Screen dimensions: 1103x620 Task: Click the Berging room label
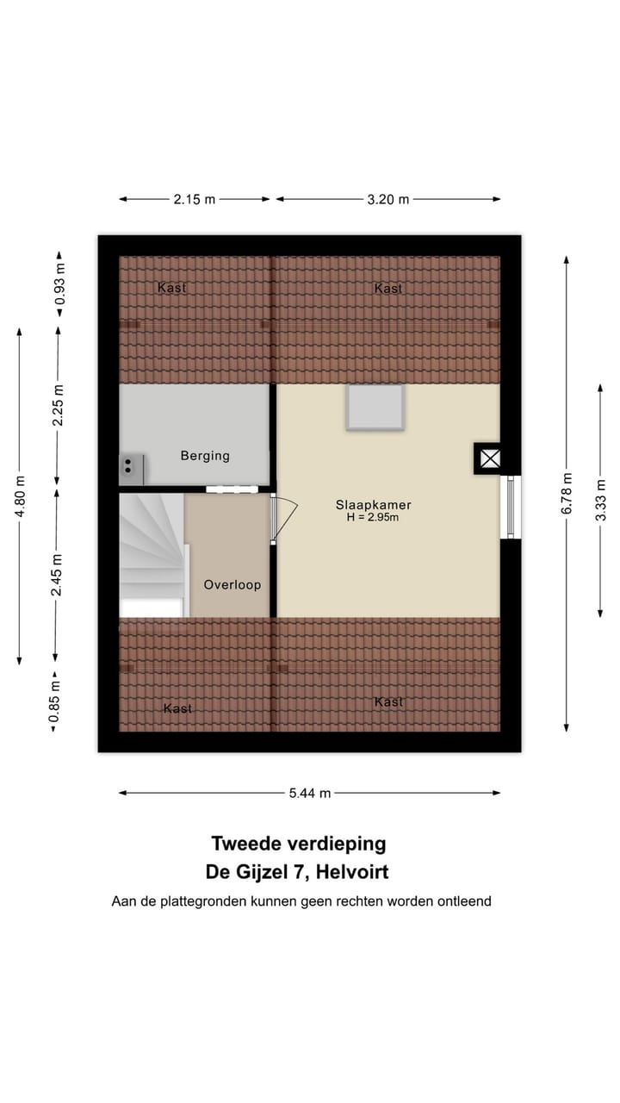(x=205, y=456)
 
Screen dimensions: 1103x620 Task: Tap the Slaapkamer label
(x=374, y=505)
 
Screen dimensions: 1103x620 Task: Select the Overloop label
(x=232, y=585)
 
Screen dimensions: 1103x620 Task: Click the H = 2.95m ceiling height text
(x=374, y=518)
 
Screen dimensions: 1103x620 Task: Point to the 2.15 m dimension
(x=194, y=199)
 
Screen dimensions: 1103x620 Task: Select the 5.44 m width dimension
(x=310, y=793)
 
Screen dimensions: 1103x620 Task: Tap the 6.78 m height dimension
(x=567, y=493)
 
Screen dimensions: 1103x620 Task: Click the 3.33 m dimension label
(x=601, y=500)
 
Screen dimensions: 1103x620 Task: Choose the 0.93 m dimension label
(x=59, y=284)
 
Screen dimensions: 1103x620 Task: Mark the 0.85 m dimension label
(x=54, y=702)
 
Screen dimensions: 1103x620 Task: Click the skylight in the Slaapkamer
(x=375, y=407)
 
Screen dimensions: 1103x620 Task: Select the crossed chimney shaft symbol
(x=490, y=458)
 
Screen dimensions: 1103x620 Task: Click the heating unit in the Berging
(x=130, y=468)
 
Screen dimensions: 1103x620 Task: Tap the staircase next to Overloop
(x=152, y=551)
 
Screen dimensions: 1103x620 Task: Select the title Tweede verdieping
(x=298, y=844)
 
